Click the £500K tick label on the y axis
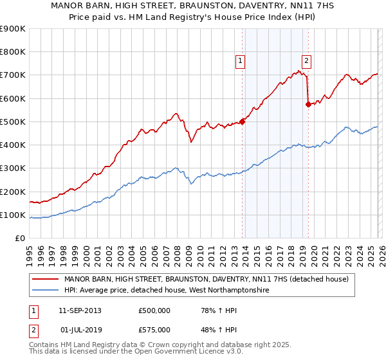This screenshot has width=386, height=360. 12,122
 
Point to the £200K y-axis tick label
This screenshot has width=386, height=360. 12,192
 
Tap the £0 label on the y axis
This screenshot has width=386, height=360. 19,238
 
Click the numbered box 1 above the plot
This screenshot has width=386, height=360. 239,61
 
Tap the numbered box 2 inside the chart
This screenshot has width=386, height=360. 306,61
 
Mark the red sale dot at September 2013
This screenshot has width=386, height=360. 242,122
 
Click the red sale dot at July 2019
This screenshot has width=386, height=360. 308,104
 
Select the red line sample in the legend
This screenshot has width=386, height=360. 45,279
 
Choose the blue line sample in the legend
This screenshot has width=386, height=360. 45,291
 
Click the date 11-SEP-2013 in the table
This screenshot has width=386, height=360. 80,310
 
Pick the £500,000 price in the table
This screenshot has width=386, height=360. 154,310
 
